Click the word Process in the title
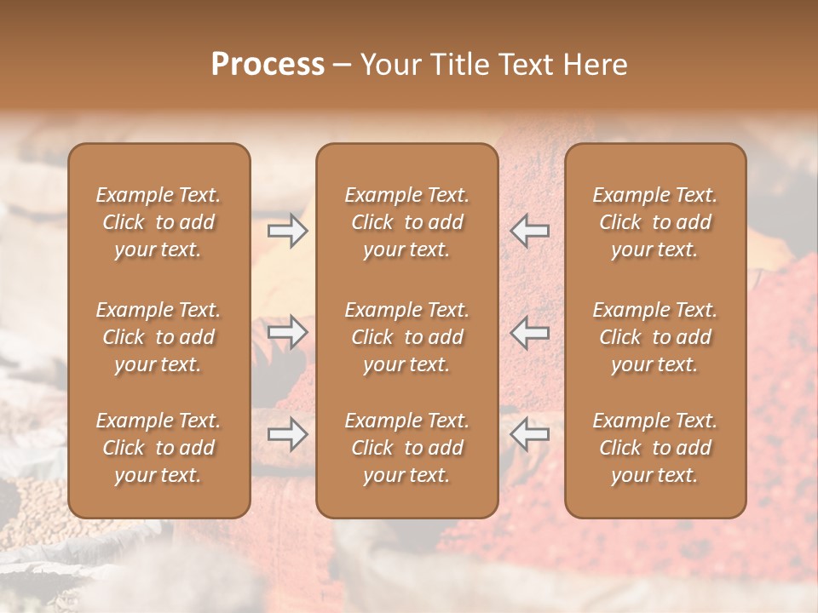click(x=268, y=65)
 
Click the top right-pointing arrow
click(x=287, y=231)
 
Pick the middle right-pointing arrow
click(x=287, y=332)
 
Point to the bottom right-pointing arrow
click(x=287, y=435)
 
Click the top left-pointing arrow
click(x=530, y=231)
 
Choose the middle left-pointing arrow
click(x=530, y=332)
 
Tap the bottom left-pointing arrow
click(x=530, y=435)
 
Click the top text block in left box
click(x=158, y=222)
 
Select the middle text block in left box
click(x=158, y=337)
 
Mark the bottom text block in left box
click(x=158, y=448)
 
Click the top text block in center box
click(x=407, y=222)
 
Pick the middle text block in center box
click(x=407, y=337)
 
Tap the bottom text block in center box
click(x=407, y=448)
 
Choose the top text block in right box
click(x=655, y=222)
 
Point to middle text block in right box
click(x=655, y=337)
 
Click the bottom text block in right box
click(x=655, y=448)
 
